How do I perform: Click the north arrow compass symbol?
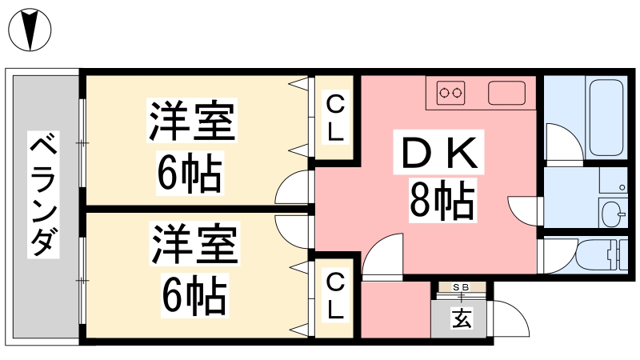[x=30, y=30]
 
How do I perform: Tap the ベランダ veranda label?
[x=43, y=194]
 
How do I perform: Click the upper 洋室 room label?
[x=192, y=121]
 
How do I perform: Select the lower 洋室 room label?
[x=194, y=244]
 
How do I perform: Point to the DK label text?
[x=439, y=153]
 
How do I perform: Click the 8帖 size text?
[x=443, y=201]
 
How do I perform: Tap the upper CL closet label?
[x=335, y=117]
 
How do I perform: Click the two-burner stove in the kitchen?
[x=450, y=93]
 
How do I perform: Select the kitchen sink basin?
[x=506, y=93]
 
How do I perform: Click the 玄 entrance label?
[x=462, y=318]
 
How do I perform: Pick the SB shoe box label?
[x=462, y=287]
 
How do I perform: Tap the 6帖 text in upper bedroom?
[x=190, y=174]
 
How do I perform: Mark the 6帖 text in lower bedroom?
[x=194, y=296]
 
